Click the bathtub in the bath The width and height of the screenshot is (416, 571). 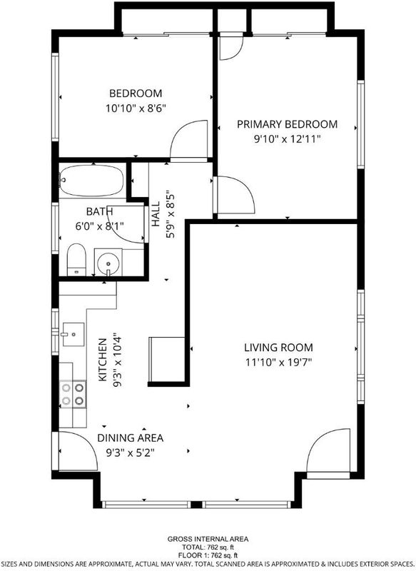(92, 181)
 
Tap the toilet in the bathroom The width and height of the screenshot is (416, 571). (76, 259)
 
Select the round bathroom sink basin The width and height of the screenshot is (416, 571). (108, 263)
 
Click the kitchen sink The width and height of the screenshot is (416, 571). (73, 334)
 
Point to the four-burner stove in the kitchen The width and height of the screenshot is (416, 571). (73, 394)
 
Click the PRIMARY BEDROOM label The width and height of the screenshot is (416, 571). (287, 124)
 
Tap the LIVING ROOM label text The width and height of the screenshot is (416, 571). (278, 348)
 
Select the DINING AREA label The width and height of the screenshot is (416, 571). (130, 438)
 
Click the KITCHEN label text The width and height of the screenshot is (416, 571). (103, 360)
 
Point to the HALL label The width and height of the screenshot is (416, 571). (156, 214)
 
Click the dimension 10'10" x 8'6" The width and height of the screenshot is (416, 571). (136, 108)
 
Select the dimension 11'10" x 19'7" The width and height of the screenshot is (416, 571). (278, 363)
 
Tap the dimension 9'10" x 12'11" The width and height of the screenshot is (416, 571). (287, 139)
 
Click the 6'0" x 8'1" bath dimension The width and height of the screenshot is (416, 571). (99, 226)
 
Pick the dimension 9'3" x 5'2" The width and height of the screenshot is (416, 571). (130, 453)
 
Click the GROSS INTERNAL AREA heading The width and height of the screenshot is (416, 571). (208, 539)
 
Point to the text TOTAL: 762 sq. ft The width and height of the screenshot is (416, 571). (208, 547)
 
